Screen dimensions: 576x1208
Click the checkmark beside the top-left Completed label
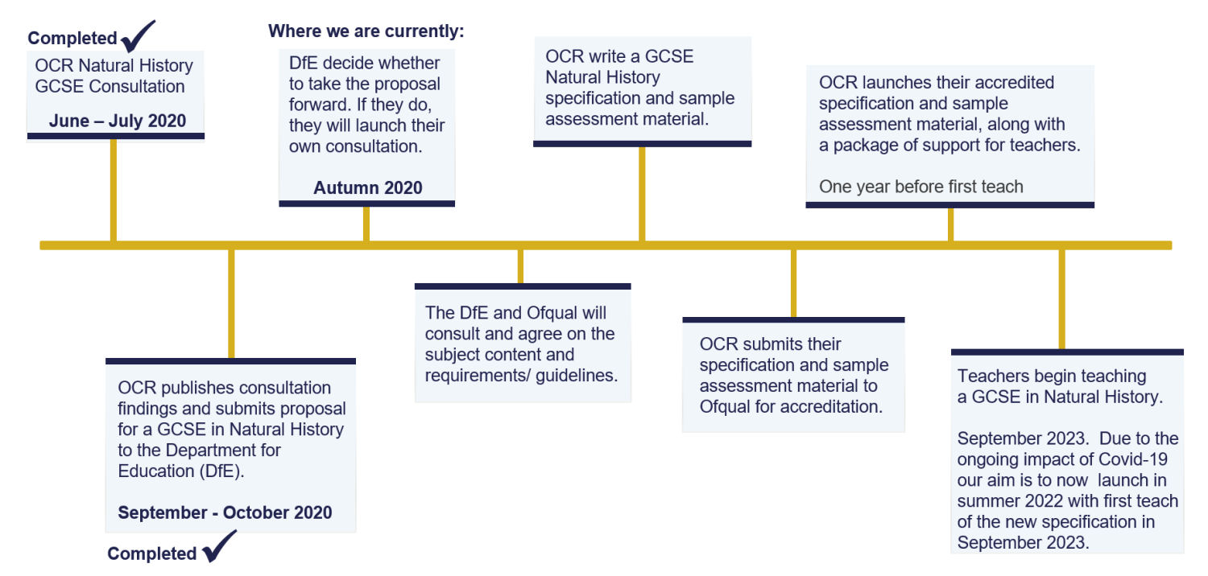(138, 35)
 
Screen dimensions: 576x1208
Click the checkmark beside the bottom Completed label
(218, 547)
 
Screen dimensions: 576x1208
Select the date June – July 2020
(118, 121)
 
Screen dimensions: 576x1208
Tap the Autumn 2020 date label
(367, 188)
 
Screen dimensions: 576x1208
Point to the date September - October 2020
(225, 512)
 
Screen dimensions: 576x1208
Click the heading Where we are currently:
(366, 31)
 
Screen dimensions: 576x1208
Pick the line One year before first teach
(920, 187)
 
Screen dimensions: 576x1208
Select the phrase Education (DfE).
(181, 471)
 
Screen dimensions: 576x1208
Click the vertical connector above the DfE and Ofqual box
(520, 266)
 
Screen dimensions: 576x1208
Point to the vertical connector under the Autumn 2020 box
(366, 224)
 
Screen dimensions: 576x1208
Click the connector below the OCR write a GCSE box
(642, 193)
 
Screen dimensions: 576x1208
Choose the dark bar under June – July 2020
(116, 136)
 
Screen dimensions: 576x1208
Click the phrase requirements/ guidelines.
(521, 375)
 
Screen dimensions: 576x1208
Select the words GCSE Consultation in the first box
(110, 86)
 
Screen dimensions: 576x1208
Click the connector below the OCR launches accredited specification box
(950, 224)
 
